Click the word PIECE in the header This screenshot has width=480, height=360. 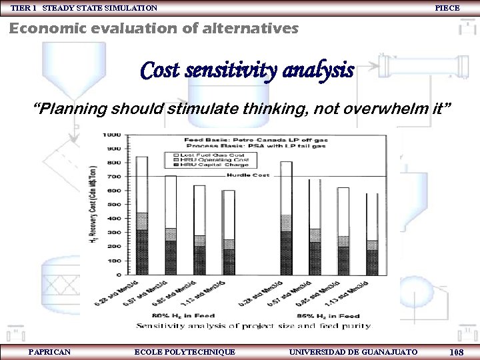point(447,8)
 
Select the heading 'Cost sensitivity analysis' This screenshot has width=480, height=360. point(247,70)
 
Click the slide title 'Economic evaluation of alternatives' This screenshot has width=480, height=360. point(153,29)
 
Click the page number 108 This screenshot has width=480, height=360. point(457,351)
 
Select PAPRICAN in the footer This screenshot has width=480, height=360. point(50,351)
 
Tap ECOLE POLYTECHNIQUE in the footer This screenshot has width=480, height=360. point(185,351)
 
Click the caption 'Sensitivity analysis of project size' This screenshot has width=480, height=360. point(253,325)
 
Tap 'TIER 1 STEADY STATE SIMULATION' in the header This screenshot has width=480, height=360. point(84,8)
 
